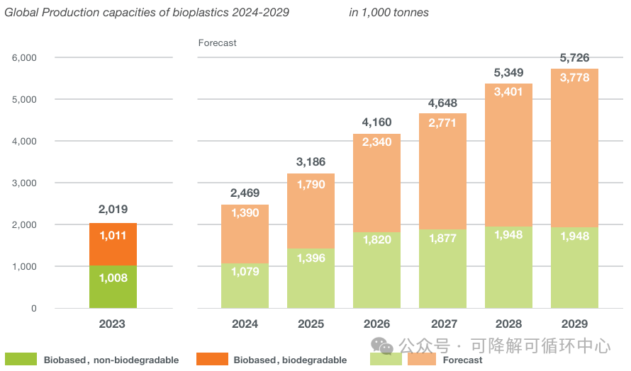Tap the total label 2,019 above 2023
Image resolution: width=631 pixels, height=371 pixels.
[x=113, y=210]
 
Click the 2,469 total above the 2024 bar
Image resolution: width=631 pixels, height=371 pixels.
[x=245, y=193]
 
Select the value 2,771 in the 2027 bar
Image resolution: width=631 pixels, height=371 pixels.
[x=442, y=122]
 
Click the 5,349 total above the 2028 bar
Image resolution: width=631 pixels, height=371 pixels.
[x=508, y=72]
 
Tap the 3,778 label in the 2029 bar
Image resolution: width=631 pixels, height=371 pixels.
[x=574, y=78]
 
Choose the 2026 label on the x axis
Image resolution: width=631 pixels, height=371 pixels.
[x=376, y=324]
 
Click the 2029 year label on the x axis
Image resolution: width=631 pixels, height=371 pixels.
[x=574, y=324]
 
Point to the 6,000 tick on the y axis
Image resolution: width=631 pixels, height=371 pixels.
[x=24, y=57]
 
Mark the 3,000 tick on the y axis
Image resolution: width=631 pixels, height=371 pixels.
[x=24, y=183]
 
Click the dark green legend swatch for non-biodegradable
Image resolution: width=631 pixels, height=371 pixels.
[x=21, y=359]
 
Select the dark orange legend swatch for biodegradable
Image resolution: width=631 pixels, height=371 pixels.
[x=211, y=359]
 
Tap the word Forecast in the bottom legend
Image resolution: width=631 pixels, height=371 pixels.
[x=462, y=360]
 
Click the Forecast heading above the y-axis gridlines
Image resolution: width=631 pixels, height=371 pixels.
[x=217, y=43]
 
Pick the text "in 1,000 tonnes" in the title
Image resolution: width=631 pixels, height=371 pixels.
[x=389, y=13]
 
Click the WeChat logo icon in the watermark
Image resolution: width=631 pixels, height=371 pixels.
[x=383, y=346]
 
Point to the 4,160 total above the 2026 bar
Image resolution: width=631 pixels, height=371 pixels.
[x=376, y=122]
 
